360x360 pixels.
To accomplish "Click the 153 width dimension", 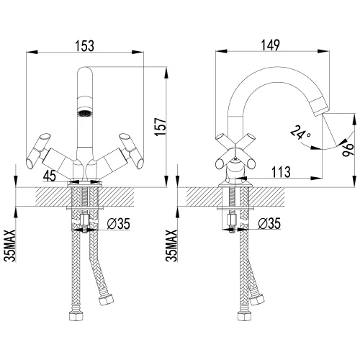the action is pyautogui.click(x=85, y=46).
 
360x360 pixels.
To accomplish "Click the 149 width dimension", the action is pyautogui.click(x=271, y=45).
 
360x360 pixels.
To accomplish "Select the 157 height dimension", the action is pyautogui.click(x=161, y=127).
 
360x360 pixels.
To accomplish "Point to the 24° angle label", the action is pyautogui.click(x=300, y=132).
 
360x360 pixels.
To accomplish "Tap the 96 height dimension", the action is pyautogui.click(x=348, y=150).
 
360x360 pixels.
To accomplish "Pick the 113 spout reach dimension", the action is pyautogui.click(x=281, y=172).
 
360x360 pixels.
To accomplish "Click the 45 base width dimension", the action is pyautogui.click(x=50, y=176).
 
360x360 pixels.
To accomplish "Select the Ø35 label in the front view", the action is pyautogui.click(x=119, y=224).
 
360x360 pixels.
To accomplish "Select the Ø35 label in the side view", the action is pyautogui.click(x=269, y=223).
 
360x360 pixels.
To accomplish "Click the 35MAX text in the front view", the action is pyautogui.click(x=10, y=246).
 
